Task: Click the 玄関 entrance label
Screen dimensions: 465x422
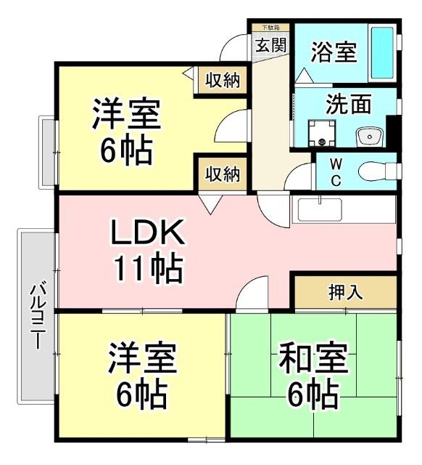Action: [x=270, y=45]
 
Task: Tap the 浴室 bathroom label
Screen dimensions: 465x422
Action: [x=333, y=52]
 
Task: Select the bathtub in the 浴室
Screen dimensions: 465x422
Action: [x=381, y=53]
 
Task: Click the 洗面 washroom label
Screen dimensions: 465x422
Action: [x=348, y=105]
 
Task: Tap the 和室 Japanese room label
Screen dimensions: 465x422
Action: [x=313, y=359]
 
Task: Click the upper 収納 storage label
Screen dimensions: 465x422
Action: [x=222, y=81]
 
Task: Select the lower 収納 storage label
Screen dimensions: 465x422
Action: [x=222, y=174]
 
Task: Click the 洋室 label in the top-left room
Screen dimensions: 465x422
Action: [x=125, y=115]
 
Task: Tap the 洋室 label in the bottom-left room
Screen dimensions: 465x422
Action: [x=141, y=358]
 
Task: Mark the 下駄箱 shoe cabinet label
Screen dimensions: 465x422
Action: [x=270, y=27]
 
